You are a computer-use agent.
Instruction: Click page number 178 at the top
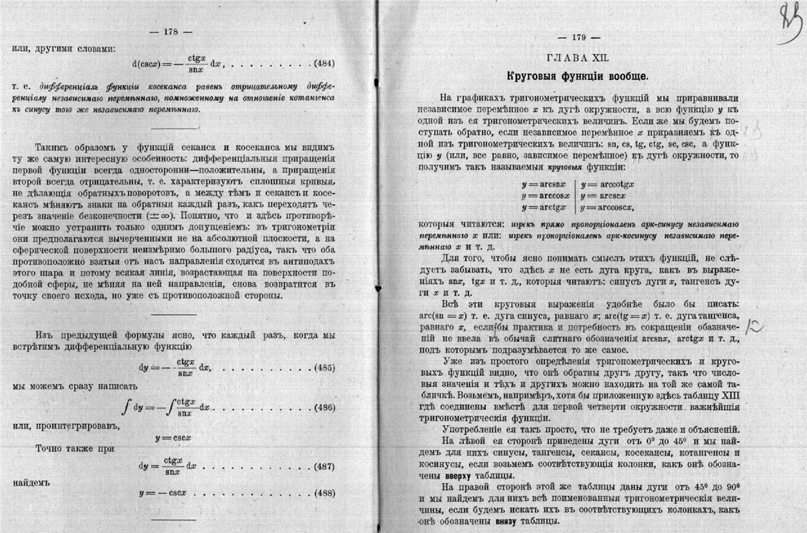coord(169,31)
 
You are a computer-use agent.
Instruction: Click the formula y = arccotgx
coord(608,184)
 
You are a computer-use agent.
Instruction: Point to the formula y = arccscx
coord(605,195)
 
